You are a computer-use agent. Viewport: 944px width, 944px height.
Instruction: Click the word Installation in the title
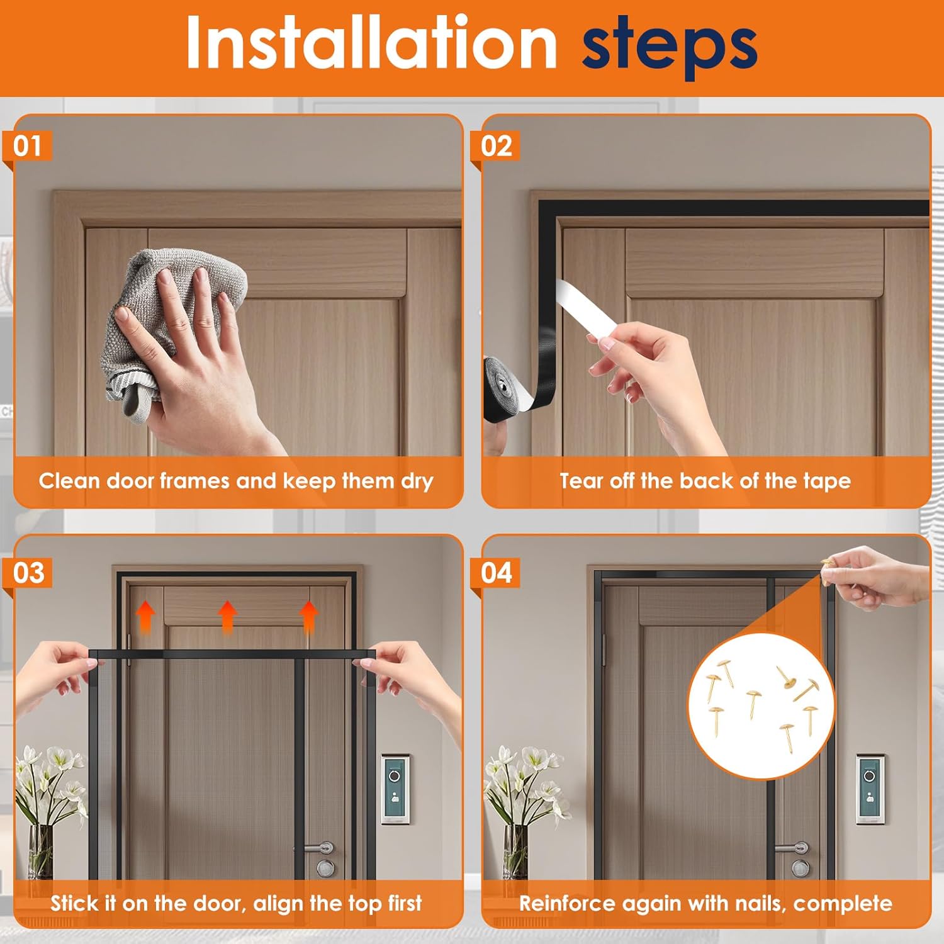tap(371, 43)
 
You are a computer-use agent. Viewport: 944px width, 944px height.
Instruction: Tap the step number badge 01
tap(28, 146)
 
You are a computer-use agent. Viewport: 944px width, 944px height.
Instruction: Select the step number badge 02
tap(497, 146)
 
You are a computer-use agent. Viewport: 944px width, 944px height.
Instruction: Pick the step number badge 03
tap(29, 573)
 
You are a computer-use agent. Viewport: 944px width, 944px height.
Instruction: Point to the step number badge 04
tap(497, 573)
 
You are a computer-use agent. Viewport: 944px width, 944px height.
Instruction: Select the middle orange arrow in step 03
tap(227, 616)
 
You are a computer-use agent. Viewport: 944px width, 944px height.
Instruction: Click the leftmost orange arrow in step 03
tap(145, 616)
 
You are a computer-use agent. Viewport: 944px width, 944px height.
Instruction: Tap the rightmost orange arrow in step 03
tap(308, 616)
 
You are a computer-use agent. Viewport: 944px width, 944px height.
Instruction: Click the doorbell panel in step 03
tap(395, 789)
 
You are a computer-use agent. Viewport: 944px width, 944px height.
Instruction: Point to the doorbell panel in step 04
tap(870, 789)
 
